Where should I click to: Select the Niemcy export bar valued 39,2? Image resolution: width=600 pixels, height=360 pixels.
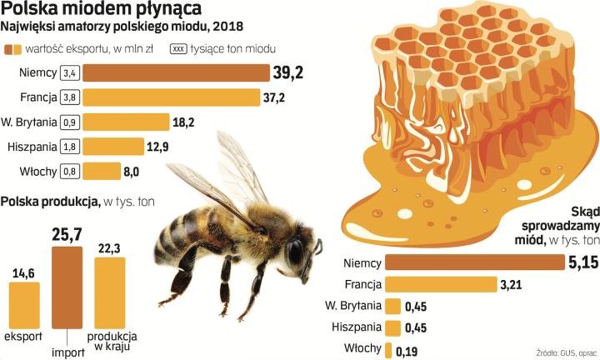pyautogui.click(x=176, y=73)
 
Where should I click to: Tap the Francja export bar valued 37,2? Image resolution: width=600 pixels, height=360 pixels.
pyautogui.click(x=170, y=97)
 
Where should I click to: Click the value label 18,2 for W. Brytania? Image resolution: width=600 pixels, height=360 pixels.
pyautogui.click(x=182, y=122)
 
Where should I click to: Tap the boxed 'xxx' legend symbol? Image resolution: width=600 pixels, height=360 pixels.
pyautogui.click(x=178, y=48)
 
